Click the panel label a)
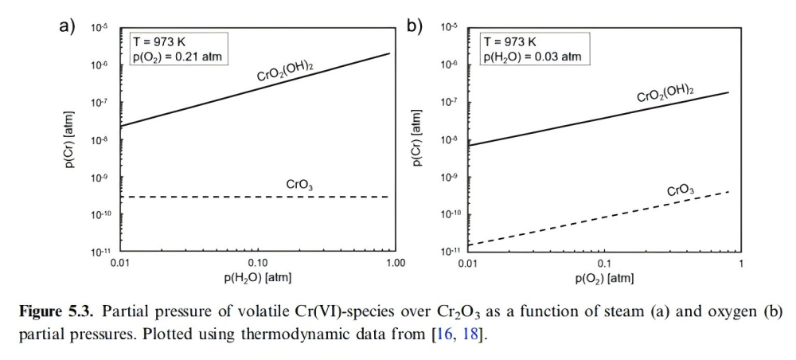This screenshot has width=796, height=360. [x=67, y=25]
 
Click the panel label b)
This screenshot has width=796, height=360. [x=415, y=25]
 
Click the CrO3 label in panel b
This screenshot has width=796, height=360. [x=680, y=190]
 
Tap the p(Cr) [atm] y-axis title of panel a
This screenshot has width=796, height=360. [x=71, y=140]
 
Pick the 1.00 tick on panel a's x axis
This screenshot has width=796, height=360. [x=395, y=263]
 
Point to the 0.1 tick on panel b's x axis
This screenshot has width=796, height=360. [x=603, y=263]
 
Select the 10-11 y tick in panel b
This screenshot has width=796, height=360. [x=449, y=252]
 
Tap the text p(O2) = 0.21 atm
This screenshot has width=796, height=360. [x=174, y=57]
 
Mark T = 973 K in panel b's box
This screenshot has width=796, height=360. [x=510, y=42]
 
